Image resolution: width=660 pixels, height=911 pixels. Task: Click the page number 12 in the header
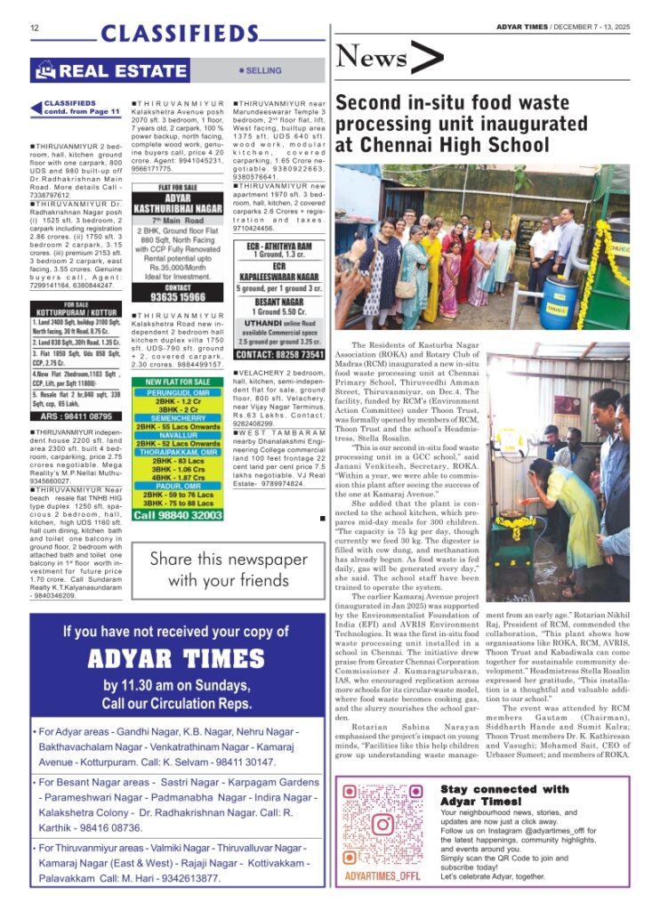[x=35, y=28]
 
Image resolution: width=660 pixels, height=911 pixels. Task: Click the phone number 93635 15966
[x=177, y=296]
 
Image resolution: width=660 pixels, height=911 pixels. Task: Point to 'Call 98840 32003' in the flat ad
[x=178, y=515]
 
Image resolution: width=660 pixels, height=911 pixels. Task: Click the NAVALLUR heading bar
[x=178, y=434]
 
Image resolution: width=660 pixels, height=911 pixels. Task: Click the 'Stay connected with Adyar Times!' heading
[x=504, y=794]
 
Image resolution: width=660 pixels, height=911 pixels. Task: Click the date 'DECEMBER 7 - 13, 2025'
[x=596, y=27]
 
